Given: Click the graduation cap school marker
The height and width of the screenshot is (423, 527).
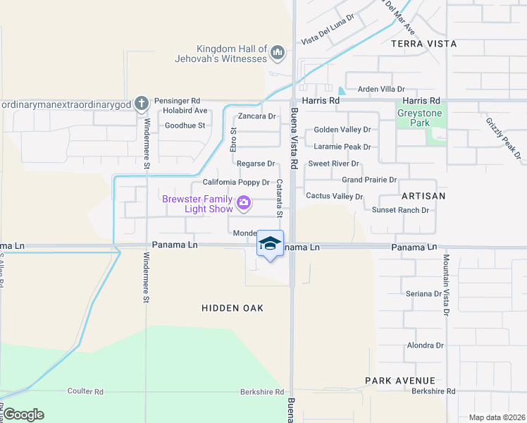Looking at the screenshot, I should tap(270, 243).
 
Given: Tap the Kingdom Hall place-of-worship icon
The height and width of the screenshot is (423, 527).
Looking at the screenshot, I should tap(278, 53).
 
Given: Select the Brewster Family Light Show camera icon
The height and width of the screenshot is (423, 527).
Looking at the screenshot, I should tap(244, 204).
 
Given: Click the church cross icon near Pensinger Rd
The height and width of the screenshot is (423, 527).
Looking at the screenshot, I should tap(141, 103).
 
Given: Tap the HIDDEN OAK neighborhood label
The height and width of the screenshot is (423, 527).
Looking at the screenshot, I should tap(232, 308).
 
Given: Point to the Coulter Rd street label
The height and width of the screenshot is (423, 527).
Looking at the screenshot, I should tap(85, 391).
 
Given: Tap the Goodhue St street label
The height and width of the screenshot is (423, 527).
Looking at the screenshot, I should tap(184, 125).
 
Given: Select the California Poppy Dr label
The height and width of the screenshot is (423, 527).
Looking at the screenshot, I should tap(236, 182).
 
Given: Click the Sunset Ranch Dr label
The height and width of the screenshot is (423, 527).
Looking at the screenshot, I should tap(400, 210).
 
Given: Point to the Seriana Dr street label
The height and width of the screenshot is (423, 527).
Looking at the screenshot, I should tap(423, 293).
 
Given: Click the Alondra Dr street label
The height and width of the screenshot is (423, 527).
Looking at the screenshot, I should tap(426, 345).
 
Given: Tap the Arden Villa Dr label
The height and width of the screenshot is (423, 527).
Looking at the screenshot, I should tap(381, 90).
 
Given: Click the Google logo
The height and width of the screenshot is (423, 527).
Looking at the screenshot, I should tap(24, 415).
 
